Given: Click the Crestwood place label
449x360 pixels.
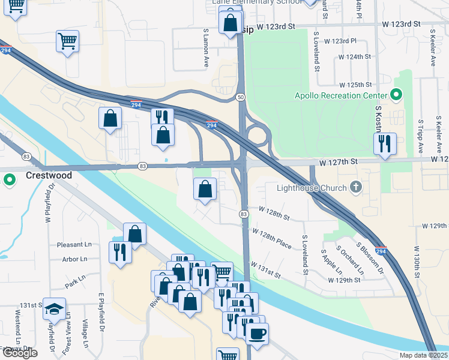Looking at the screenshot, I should tap(49, 176).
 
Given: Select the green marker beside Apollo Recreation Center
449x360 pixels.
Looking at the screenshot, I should tap(396, 95).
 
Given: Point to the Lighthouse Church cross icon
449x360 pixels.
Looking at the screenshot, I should tap(356, 188).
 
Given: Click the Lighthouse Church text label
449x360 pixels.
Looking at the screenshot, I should tap(312, 188).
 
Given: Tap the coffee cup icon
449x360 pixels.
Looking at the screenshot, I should tap(258, 333).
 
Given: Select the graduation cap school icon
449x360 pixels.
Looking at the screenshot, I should tap(54, 308).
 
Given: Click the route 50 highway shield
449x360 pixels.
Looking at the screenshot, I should tap(240, 97).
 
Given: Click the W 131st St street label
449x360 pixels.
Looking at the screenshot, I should tap(266, 270).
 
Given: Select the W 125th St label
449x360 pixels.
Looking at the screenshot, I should tap(355, 86).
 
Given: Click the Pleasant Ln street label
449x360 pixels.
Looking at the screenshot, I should tap(74, 245).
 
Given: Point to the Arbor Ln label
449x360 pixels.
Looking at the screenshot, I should tap(74, 259).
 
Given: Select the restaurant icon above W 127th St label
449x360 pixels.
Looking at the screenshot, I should tap(385, 143).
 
